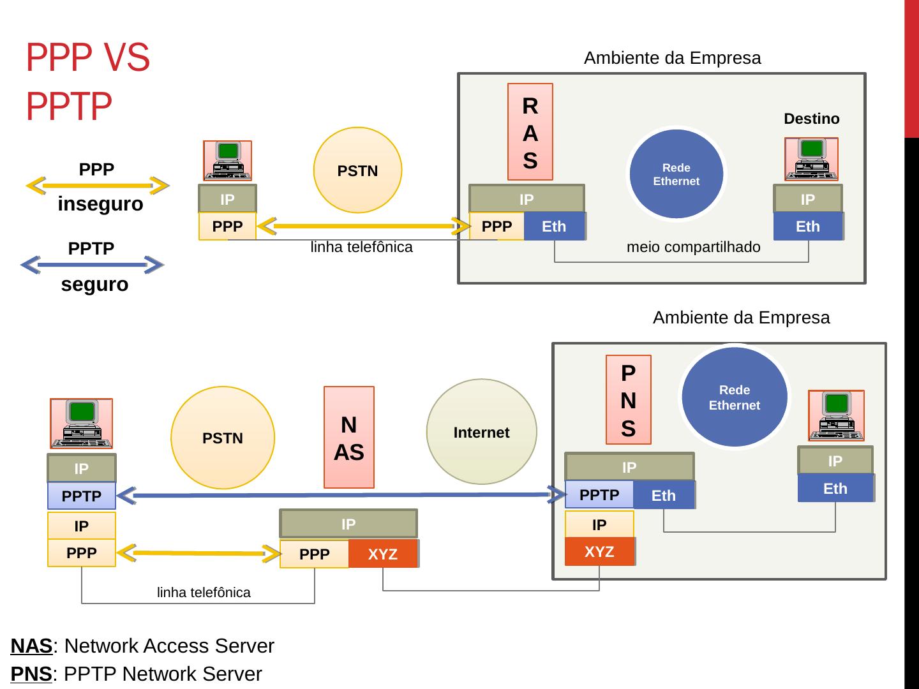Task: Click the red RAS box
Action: click(x=530, y=132)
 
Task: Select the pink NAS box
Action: click(x=348, y=438)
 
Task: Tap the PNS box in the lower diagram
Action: click(x=628, y=399)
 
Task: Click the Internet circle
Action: click(x=481, y=432)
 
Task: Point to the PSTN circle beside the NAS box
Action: click(x=223, y=438)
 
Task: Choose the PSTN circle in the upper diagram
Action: click(x=357, y=170)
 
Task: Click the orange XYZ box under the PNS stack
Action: click(x=599, y=552)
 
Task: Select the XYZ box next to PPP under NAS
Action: click(x=383, y=554)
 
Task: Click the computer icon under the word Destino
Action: click(x=811, y=159)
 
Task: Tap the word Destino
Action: click(x=811, y=119)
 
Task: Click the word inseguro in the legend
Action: click(x=100, y=204)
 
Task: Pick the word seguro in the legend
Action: click(x=94, y=285)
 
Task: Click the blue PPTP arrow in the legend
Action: click(x=93, y=265)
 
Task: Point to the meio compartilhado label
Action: click(x=693, y=247)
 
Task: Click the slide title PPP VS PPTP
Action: click(x=87, y=81)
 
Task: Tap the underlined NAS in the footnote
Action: click(x=31, y=646)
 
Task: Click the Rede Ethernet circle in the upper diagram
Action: click(x=676, y=174)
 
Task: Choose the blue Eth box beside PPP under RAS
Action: click(x=553, y=226)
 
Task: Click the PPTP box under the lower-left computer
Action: click(x=82, y=496)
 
